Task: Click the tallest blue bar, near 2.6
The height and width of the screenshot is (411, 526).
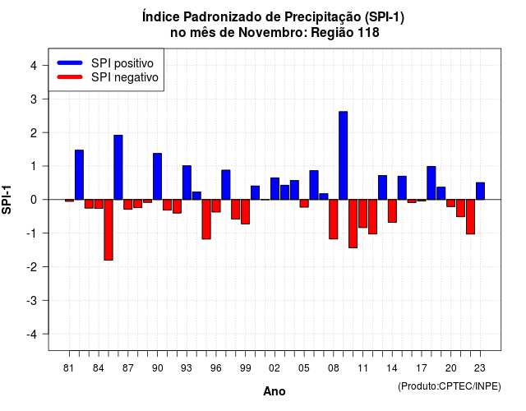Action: [344, 155]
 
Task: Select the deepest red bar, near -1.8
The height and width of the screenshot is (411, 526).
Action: [108, 230]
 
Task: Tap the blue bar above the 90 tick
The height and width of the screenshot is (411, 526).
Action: [157, 177]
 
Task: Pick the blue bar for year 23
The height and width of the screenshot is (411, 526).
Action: [480, 191]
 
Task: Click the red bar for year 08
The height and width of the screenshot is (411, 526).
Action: [334, 219]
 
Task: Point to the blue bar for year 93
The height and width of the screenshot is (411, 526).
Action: [187, 182]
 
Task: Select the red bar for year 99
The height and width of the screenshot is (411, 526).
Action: [246, 212]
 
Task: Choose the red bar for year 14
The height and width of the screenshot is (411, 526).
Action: [392, 211]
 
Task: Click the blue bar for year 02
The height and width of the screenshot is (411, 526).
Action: [275, 188]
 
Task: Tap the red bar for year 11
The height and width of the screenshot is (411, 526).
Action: [363, 214]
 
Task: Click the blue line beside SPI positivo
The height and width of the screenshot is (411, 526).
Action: [70, 62]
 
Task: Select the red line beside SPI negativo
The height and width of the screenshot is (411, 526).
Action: [70, 76]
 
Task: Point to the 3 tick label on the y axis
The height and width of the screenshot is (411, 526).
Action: [33, 99]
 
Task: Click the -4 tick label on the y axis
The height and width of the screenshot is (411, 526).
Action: [31, 335]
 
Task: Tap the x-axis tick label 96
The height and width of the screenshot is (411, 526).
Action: [216, 368]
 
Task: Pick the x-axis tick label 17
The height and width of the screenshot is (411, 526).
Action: [422, 368]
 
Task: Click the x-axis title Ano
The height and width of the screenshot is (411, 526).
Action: [275, 391]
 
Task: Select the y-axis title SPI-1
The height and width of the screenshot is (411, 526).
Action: [7, 200]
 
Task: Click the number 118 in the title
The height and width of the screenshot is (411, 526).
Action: [368, 33]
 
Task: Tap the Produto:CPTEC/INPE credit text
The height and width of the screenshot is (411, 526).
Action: [450, 386]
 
